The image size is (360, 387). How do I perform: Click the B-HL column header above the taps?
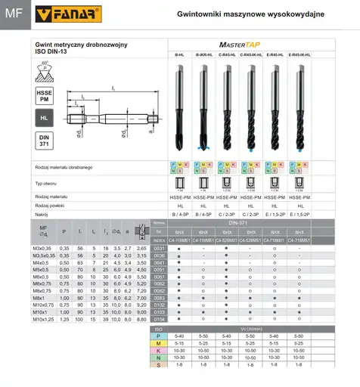tap(179, 57)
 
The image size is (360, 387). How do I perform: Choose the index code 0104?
tap(159, 320)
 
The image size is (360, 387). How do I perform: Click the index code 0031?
tap(159, 248)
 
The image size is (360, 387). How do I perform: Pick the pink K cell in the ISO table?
tap(159, 350)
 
